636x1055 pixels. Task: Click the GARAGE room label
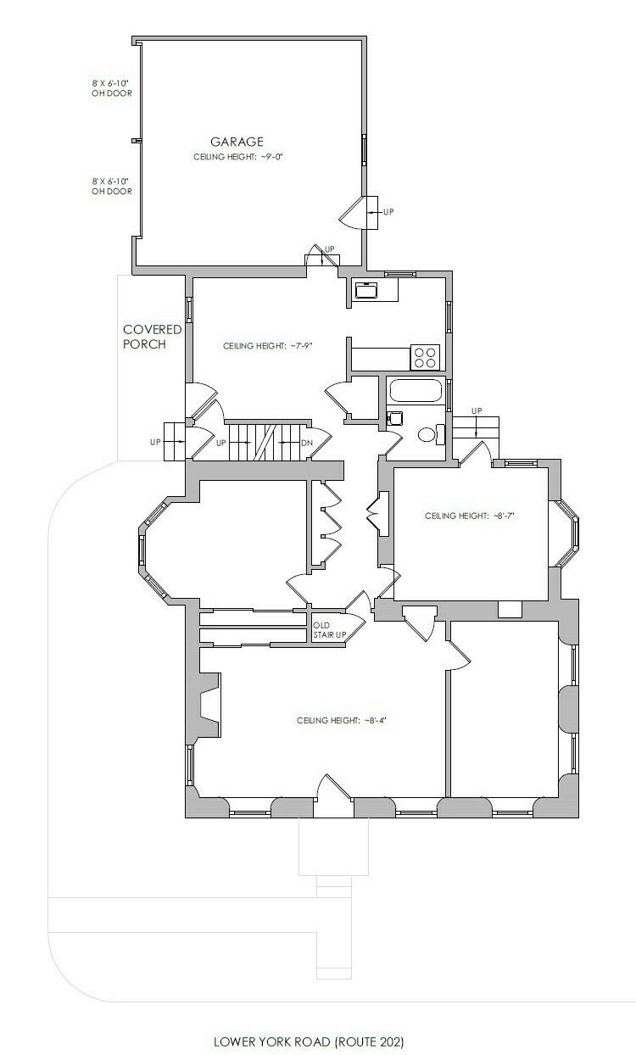[237, 142]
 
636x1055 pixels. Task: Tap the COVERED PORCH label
[152, 337]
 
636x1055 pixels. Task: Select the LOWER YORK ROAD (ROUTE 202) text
[309, 1041]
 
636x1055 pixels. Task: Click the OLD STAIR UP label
[330, 630]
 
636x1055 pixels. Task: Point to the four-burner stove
[426, 357]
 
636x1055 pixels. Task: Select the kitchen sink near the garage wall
[365, 290]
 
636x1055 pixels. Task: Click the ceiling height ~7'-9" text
[268, 346]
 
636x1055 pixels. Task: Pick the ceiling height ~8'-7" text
[469, 516]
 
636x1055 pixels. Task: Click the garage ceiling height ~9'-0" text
[238, 157]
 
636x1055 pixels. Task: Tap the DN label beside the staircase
[307, 444]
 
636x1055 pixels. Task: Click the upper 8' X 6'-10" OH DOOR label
[112, 88]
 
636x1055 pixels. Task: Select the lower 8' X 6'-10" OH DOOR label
[112, 186]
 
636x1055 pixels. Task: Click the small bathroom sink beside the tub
[394, 417]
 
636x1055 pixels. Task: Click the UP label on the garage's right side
[388, 212]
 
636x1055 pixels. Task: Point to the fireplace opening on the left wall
[210, 705]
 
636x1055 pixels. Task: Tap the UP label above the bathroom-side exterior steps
[477, 410]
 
